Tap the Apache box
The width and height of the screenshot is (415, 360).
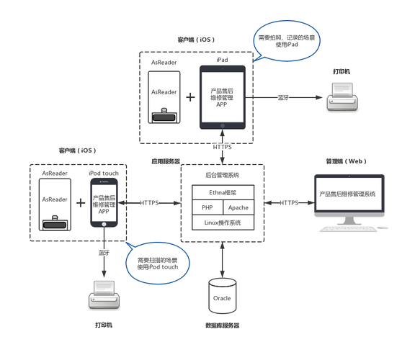pyautogui.click(x=238, y=207)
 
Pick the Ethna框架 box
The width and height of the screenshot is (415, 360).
pyautogui.click(x=221, y=192)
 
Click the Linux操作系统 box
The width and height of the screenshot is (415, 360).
pyautogui.click(x=221, y=222)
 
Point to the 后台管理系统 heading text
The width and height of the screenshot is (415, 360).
pyautogui.click(x=221, y=174)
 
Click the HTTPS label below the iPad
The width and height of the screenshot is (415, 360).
pyautogui.click(x=223, y=148)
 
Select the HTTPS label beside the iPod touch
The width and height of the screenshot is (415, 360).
pyautogui.click(x=149, y=203)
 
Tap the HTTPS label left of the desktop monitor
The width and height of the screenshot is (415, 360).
pyautogui.click(x=289, y=203)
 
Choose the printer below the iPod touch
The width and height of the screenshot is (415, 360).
pyautogui.click(x=103, y=295)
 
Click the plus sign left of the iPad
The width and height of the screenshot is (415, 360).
pyautogui.click(x=190, y=96)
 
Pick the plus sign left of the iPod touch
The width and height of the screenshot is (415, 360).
pyautogui.click(x=80, y=203)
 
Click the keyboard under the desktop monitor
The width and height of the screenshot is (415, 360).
pyautogui.click(x=345, y=229)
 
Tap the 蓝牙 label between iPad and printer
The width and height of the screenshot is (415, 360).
pyautogui.click(x=283, y=96)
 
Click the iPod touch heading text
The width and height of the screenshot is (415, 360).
pyautogui.click(x=104, y=174)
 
